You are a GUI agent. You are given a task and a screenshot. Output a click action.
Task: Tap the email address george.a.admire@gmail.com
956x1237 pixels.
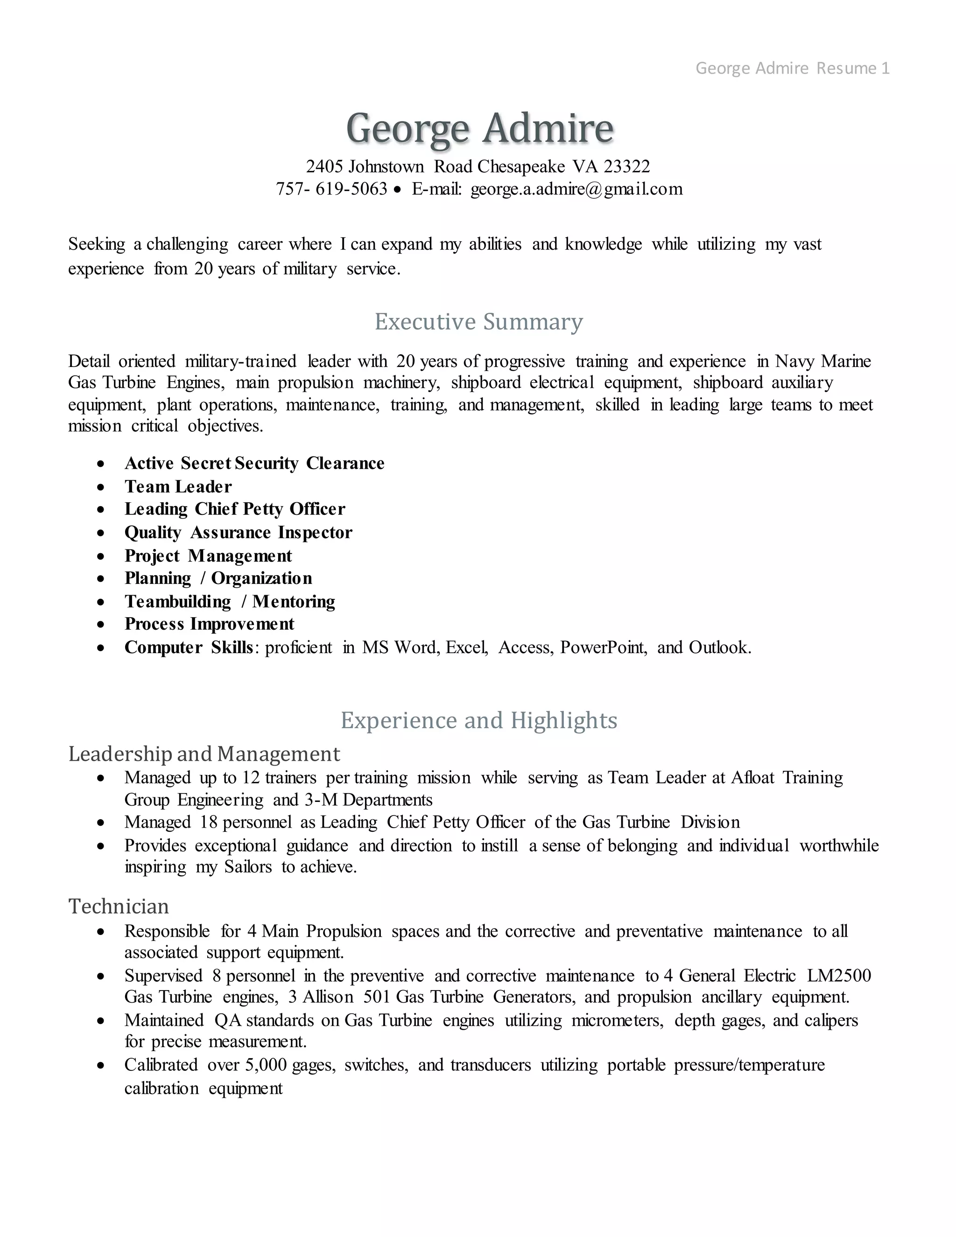coord(576,189)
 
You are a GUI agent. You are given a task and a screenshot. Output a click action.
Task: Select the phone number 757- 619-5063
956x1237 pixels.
coord(331,189)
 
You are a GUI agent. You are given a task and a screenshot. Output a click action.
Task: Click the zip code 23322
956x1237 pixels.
coord(626,167)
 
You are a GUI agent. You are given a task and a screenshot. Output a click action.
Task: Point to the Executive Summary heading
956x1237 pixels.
coord(478,322)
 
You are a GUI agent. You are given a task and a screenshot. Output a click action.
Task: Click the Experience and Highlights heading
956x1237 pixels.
coord(478,720)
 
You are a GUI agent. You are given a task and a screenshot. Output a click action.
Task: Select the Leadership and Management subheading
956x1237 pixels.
coord(204,754)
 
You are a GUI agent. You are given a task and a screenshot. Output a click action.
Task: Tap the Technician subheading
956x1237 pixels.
coord(119,906)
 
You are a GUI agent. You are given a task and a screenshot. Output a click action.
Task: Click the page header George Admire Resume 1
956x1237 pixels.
coord(792,69)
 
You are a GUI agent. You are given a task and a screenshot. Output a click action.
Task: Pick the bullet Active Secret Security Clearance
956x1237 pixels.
coord(254,464)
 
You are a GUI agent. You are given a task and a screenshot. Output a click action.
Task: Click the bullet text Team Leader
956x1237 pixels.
coord(178,486)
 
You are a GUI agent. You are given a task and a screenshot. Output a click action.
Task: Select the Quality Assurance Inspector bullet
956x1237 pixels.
coord(238,533)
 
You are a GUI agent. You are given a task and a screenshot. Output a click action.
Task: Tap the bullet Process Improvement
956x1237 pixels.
coord(209,624)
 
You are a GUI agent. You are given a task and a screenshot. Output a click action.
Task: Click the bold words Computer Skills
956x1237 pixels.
coord(188,647)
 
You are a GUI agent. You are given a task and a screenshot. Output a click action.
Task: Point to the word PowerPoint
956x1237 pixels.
coord(603,647)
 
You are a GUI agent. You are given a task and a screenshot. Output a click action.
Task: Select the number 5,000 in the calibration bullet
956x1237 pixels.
coord(266,1065)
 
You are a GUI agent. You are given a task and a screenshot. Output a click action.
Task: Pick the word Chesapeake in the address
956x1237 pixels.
coord(521,167)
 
